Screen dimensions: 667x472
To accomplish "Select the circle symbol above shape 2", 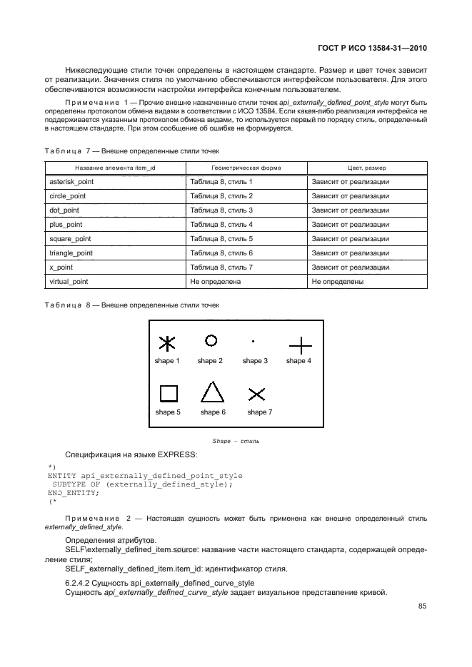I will pyautogui.click(x=211, y=340).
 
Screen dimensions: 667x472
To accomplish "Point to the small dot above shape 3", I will pyautogui.click(x=253, y=342).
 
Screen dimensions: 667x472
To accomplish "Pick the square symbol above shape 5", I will pyautogui.click(x=168, y=394).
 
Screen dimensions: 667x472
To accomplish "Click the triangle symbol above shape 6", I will pyautogui.click(x=211, y=392).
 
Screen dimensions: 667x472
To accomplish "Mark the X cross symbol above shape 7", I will pyautogui.click(x=257, y=394).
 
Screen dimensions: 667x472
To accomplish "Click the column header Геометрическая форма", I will pyautogui.click(x=246, y=168).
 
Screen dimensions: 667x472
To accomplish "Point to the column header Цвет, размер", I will pyautogui.click(x=366, y=168).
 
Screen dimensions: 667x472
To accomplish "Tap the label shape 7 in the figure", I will pyautogui.click(x=260, y=412).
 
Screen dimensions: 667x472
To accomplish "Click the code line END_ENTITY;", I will pyautogui.click(x=74, y=493).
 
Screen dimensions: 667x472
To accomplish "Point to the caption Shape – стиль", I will pyautogui.click(x=236, y=441).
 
